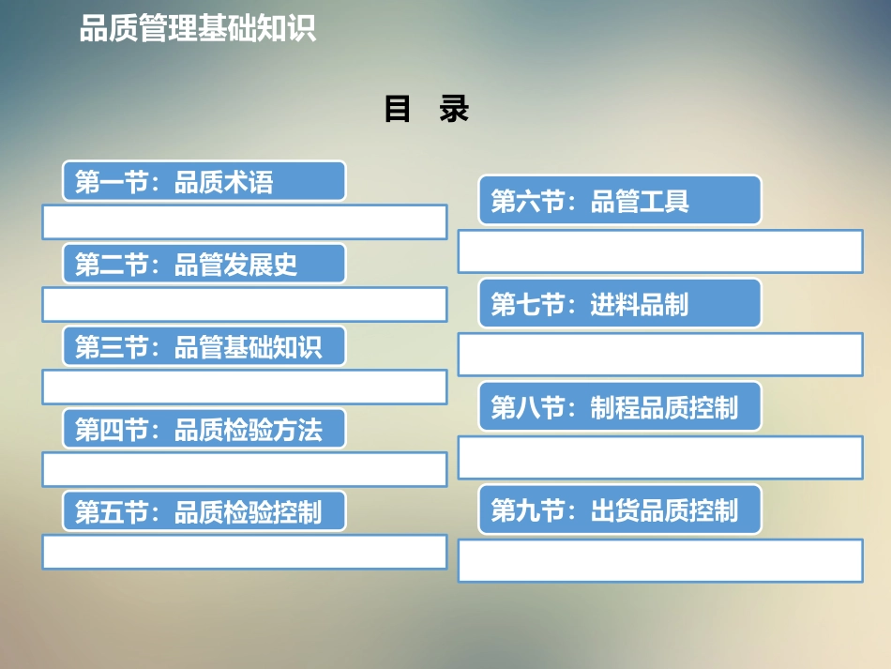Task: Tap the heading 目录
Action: click(426, 110)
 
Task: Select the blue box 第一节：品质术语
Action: click(204, 181)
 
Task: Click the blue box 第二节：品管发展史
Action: click(204, 264)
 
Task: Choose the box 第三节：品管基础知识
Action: click(204, 346)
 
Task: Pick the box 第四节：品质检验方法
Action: click(204, 429)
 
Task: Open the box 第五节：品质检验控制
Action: click(204, 511)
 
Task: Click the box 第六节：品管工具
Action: click(620, 200)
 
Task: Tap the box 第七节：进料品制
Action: click(620, 303)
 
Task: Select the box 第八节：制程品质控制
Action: click(620, 406)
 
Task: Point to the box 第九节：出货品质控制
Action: click(620, 509)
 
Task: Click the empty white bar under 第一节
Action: click(244, 222)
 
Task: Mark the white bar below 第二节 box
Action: click(244, 305)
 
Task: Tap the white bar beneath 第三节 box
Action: click(244, 387)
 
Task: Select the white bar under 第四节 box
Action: click(244, 469)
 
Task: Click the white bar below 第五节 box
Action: click(244, 552)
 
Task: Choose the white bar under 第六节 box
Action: click(660, 251)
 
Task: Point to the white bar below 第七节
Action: click(660, 355)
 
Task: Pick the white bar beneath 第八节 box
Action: click(660, 458)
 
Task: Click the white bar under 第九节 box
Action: click(660, 561)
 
